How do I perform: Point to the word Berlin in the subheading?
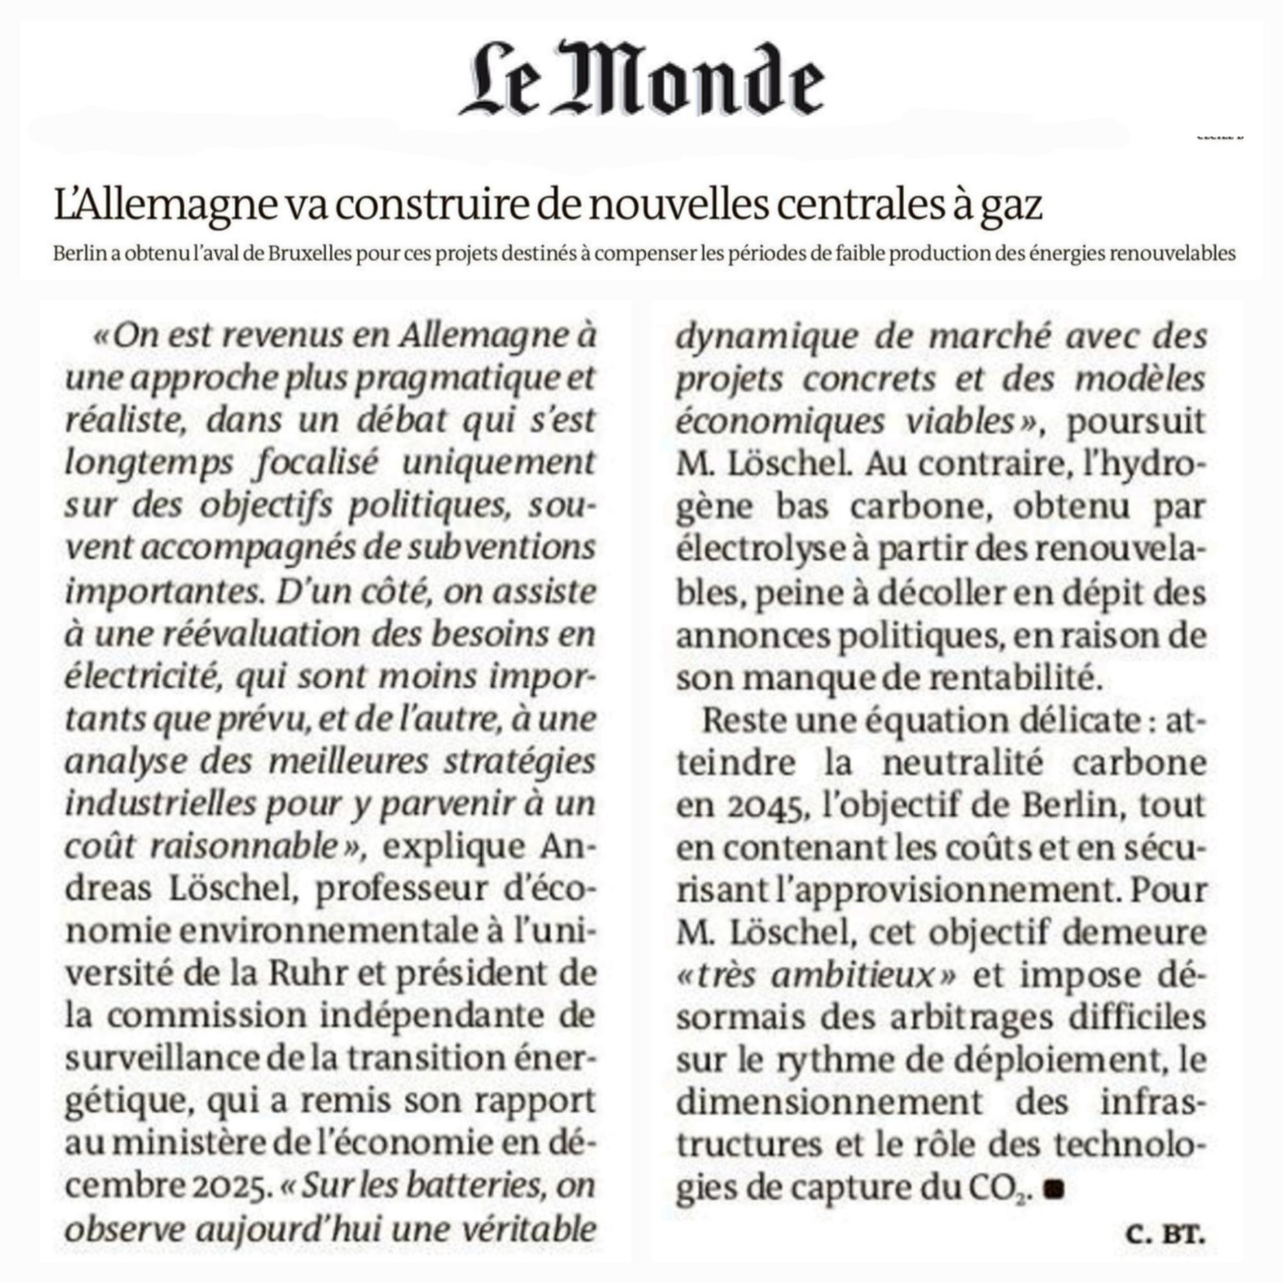pos(80,253)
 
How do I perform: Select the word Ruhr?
pos(307,975)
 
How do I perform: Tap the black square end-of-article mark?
pos(1054,1189)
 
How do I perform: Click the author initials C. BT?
pos(1166,1234)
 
